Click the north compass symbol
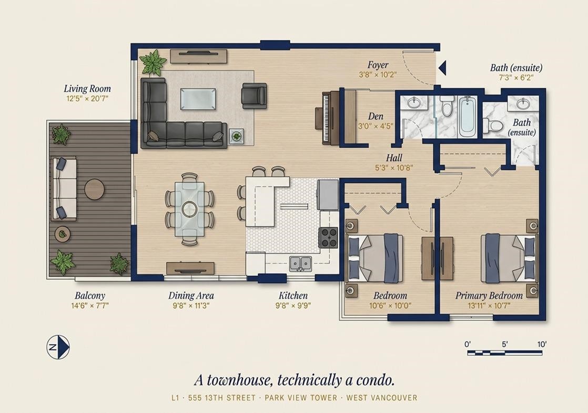[x=58, y=347]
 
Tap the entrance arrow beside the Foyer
[x=442, y=68]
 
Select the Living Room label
[x=87, y=89]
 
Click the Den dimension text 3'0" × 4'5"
[x=376, y=126]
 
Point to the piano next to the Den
[x=327, y=118]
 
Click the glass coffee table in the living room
[x=198, y=99]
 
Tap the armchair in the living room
[x=254, y=96]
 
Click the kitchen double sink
[x=300, y=263]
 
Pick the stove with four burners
[x=329, y=238]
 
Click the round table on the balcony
[x=95, y=189]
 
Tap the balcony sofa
[x=64, y=189]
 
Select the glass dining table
[x=190, y=209]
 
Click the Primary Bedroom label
[x=489, y=295]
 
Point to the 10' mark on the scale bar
[x=542, y=344]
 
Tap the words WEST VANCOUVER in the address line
[x=382, y=398]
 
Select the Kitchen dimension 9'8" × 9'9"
[x=293, y=305]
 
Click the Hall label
[x=394, y=158]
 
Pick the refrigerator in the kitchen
[x=328, y=194]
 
